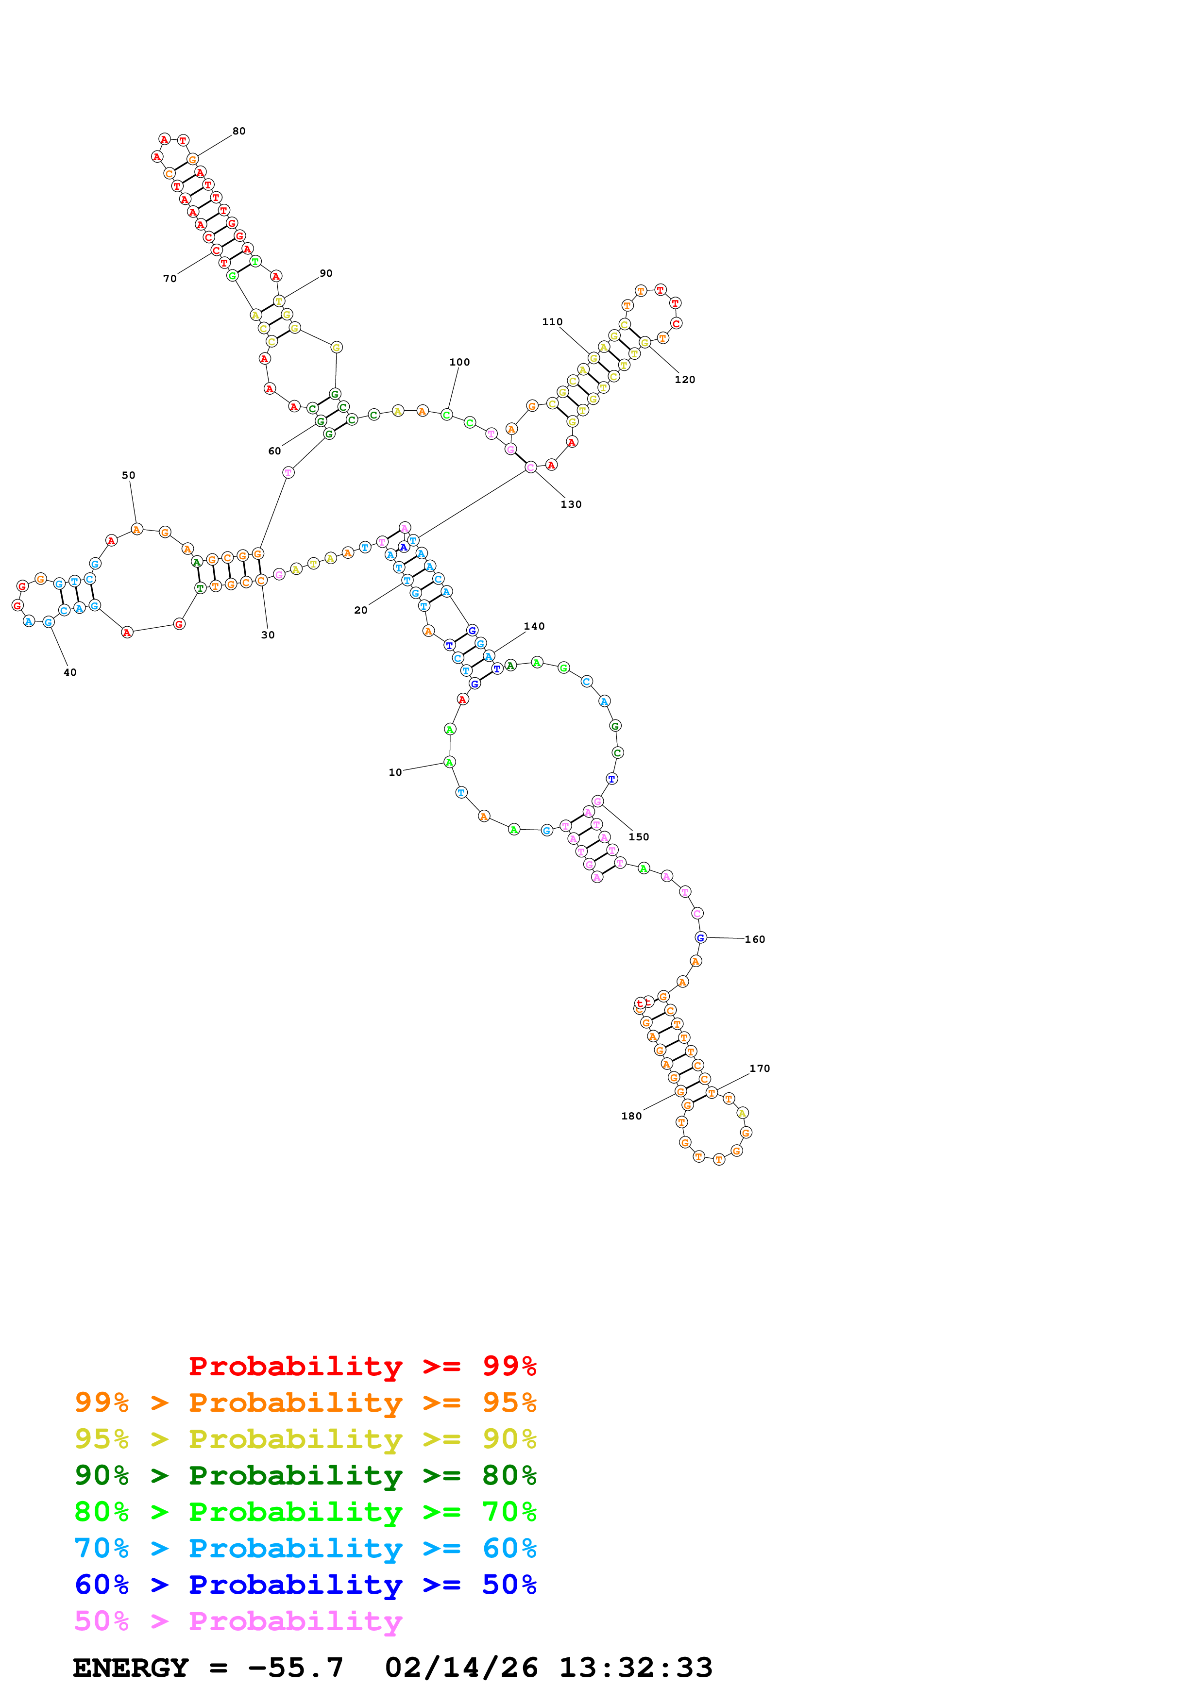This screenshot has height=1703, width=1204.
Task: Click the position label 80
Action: (239, 131)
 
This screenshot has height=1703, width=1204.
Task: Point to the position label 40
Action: (70, 673)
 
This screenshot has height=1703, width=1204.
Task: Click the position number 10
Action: (395, 772)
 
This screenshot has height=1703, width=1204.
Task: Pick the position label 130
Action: (571, 504)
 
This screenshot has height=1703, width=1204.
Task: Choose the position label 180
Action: (631, 1116)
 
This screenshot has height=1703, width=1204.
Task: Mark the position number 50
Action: (128, 475)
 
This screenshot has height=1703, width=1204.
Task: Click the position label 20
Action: (360, 610)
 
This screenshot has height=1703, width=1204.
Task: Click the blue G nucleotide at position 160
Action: (700, 937)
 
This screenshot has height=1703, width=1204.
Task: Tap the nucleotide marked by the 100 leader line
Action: (447, 415)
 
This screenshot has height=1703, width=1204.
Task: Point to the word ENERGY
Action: (131, 1668)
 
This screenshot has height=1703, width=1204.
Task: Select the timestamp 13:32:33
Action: (636, 1668)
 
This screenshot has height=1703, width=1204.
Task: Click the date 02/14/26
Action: (461, 1668)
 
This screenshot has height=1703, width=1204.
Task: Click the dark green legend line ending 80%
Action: (305, 1475)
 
